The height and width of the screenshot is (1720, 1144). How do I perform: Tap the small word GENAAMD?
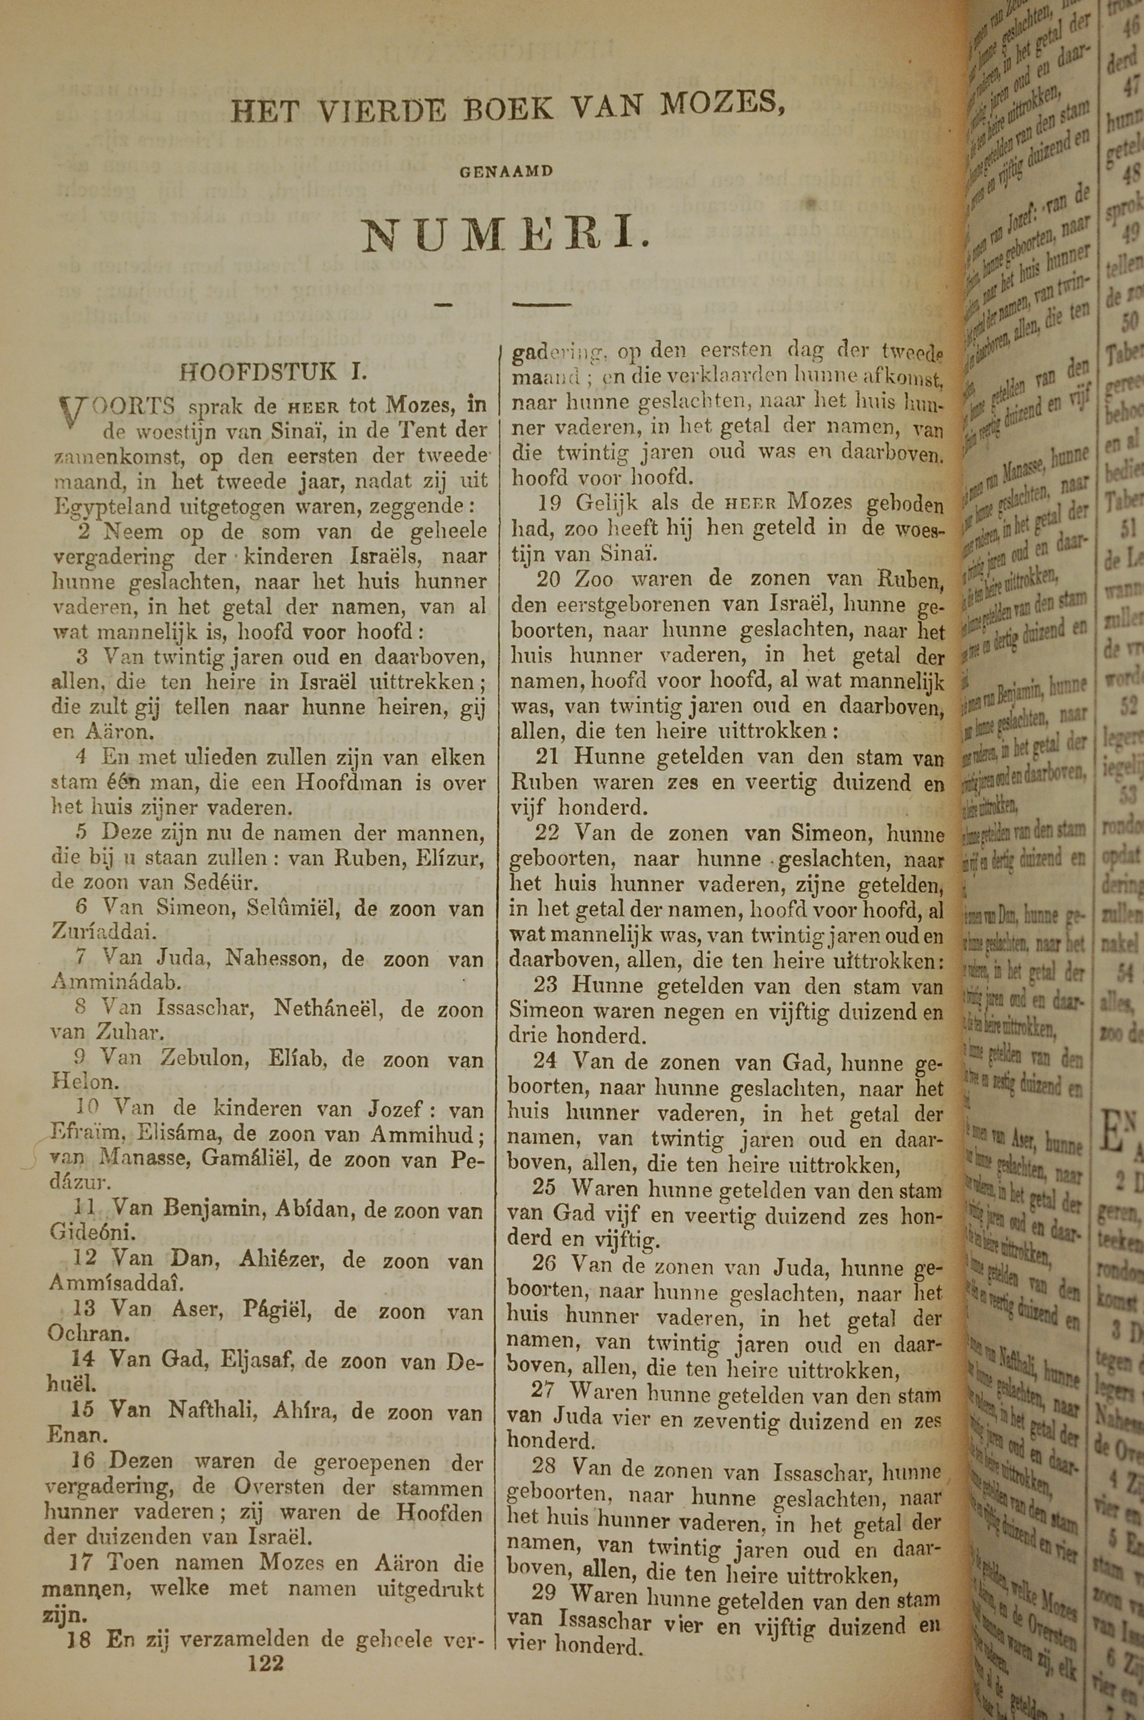click(x=507, y=172)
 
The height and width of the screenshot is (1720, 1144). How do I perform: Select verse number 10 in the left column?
click(x=88, y=1108)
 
